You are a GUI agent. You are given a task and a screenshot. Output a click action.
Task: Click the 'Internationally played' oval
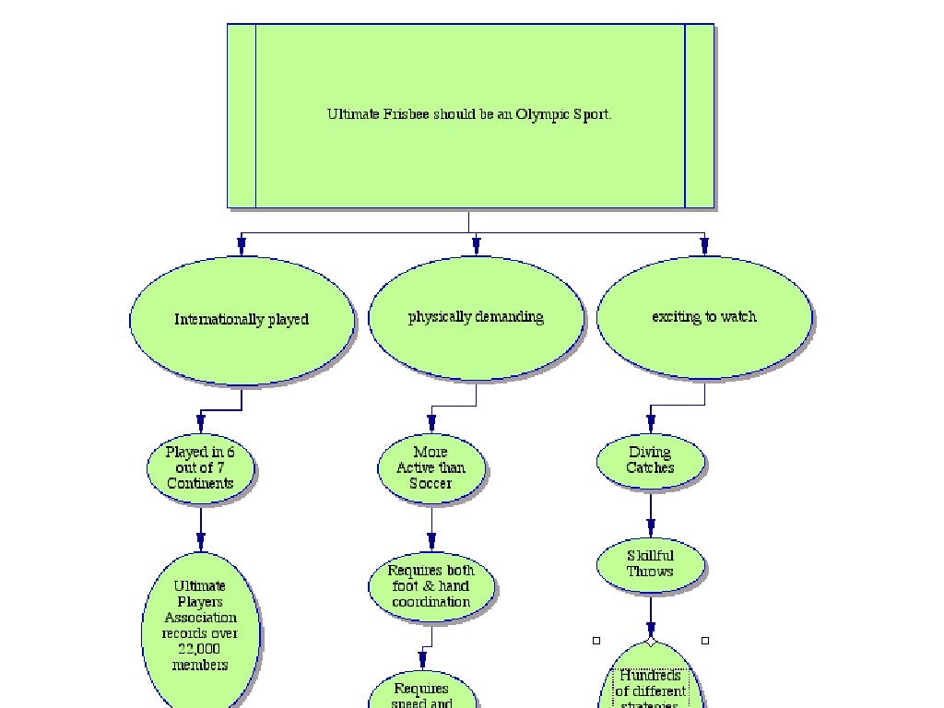242,320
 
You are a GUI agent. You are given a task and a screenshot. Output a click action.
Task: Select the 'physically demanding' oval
476,317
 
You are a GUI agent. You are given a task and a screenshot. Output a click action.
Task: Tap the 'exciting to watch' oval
704,317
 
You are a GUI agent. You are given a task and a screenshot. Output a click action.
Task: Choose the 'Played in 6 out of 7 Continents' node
200,468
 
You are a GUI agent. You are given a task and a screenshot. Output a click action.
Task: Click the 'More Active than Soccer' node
431,468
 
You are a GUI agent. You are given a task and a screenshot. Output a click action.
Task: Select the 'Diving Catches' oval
651,461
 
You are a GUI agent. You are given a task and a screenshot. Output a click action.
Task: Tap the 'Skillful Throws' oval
651,564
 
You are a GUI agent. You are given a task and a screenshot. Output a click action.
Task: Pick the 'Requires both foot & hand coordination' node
431,586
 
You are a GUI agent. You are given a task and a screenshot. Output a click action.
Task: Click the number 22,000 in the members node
200,649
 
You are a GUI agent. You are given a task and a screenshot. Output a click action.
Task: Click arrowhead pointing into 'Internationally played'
242,246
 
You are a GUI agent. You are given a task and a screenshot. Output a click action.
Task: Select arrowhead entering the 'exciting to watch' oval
704,246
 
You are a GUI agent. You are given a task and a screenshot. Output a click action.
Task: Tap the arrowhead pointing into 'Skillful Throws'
651,528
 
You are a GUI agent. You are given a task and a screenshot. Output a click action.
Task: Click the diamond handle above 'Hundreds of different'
651,640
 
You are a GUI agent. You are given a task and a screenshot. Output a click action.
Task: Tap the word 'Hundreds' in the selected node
651,676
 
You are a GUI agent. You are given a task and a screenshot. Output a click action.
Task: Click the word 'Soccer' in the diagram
431,484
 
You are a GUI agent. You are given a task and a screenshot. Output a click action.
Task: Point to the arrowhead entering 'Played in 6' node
200,424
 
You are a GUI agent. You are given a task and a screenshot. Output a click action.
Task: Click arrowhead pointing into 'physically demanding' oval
476,246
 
